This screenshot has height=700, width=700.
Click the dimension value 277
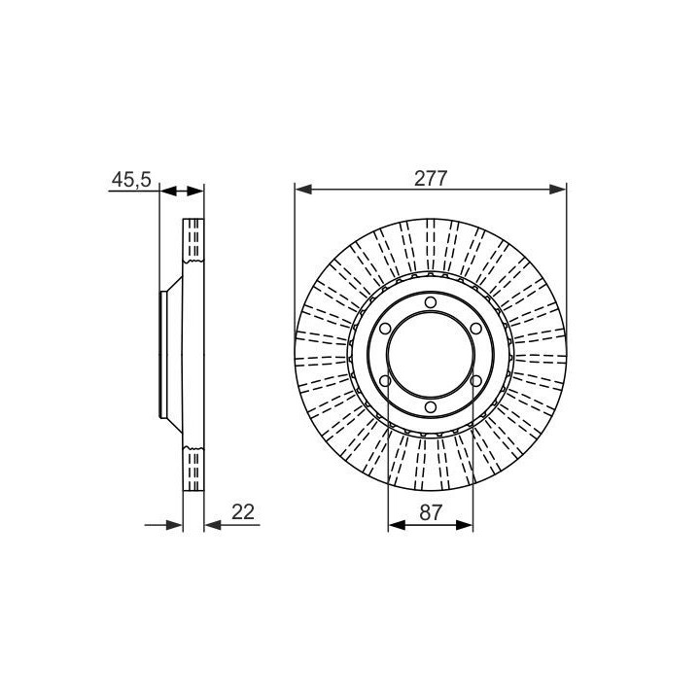pos(431,179)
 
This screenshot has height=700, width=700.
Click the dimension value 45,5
pos(131,180)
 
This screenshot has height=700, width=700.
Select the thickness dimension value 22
pos(243,512)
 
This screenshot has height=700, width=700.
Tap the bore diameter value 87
pos(431,512)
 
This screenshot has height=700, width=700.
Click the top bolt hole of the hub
pos(431,302)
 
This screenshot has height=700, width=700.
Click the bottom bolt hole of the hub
pos(431,407)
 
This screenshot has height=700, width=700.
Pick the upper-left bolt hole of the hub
pos(385,329)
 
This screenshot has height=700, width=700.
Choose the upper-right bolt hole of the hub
pos(475,329)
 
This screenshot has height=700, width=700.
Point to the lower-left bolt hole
pos(385,381)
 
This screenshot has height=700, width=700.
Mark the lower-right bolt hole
pos(475,381)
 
